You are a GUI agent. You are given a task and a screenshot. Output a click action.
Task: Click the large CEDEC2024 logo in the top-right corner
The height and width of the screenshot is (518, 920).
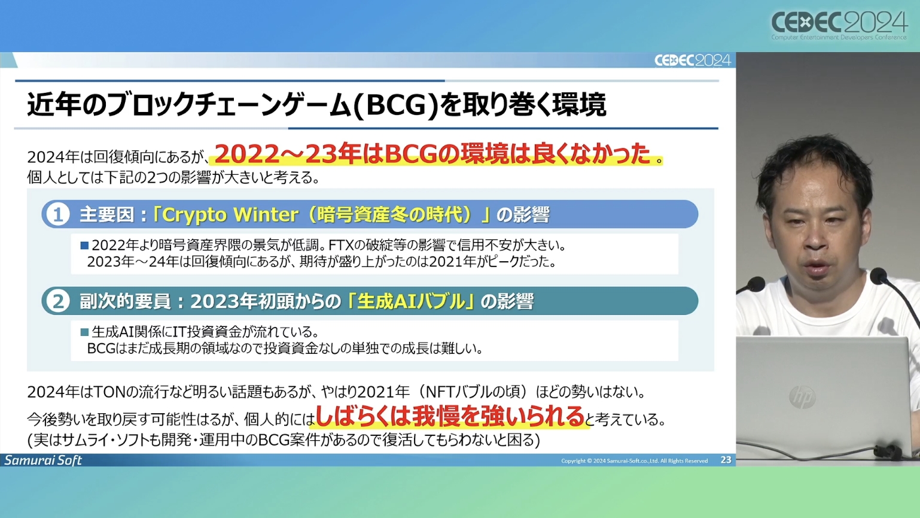point(839,25)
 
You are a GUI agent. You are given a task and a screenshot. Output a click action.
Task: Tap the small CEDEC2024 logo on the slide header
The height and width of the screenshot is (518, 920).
point(693,60)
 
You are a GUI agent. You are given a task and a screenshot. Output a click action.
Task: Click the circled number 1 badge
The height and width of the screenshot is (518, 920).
point(57,214)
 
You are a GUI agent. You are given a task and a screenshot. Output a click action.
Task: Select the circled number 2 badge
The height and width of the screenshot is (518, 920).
point(57,301)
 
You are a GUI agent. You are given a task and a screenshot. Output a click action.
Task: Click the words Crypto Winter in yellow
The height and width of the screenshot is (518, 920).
point(230,214)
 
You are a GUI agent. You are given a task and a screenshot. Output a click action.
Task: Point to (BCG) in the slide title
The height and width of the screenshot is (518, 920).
point(396,105)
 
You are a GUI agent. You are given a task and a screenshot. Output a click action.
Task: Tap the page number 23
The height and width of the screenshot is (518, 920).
point(726,460)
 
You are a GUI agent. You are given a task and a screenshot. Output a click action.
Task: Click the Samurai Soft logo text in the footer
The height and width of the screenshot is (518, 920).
point(43,460)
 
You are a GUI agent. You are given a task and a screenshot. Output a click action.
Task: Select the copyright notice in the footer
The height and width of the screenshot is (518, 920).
point(634,461)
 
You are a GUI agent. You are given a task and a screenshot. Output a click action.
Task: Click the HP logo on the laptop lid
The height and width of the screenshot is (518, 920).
point(802,396)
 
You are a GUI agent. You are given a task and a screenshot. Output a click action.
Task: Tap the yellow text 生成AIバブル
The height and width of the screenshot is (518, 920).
point(411,301)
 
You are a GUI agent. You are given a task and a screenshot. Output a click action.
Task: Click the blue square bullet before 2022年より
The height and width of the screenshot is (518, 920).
point(84,246)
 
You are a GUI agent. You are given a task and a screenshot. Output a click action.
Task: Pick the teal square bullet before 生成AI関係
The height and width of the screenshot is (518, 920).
point(84,332)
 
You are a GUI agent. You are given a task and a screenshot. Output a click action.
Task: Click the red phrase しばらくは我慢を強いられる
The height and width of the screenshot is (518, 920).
point(450,416)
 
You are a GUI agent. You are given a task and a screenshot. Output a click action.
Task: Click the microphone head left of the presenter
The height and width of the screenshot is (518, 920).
point(754,285)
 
